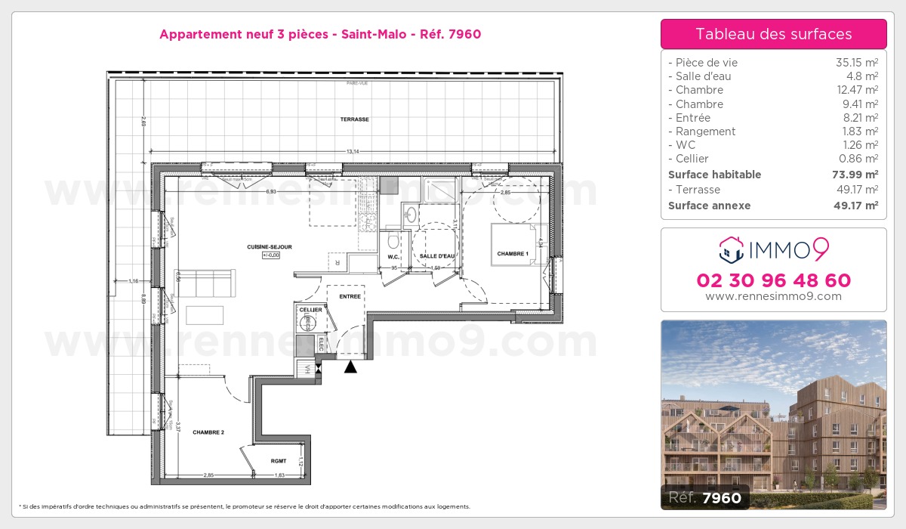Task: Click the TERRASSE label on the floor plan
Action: click(x=354, y=119)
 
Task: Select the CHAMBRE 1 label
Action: click(x=512, y=254)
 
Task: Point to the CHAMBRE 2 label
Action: click(x=208, y=432)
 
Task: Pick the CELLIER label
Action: click(x=311, y=310)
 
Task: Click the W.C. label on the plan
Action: click(x=393, y=256)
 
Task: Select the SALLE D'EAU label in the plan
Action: click(x=437, y=256)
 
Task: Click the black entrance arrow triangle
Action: click(x=350, y=367)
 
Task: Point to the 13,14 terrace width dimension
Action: click(x=352, y=152)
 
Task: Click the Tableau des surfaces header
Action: click(x=773, y=34)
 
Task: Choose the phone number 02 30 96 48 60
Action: click(x=773, y=280)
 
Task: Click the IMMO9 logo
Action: click(x=773, y=247)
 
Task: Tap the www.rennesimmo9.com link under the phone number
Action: click(x=773, y=296)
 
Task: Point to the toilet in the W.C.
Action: click(x=392, y=240)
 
